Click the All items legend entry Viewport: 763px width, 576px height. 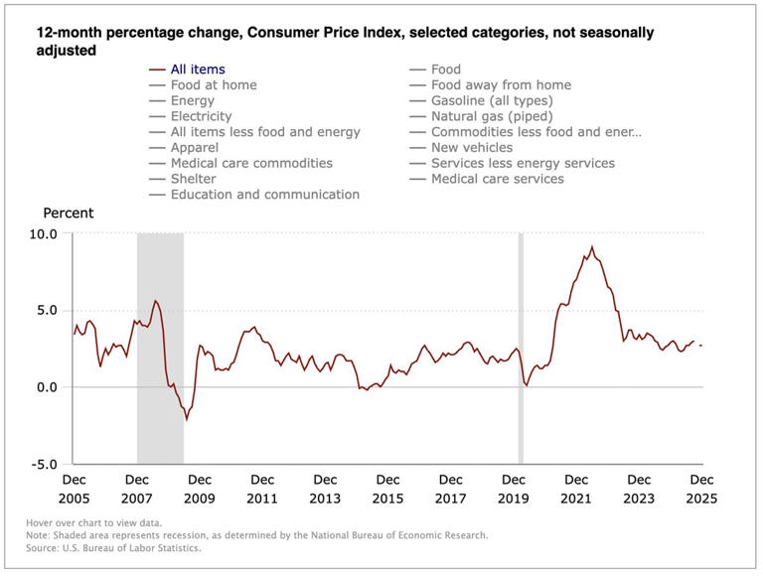(x=198, y=70)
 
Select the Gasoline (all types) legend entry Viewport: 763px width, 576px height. (x=491, y=100)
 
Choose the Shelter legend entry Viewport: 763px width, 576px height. (x=193, y=179)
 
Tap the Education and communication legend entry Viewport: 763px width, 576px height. (x=264, y=195)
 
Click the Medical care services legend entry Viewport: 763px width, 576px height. (x=497, y=179)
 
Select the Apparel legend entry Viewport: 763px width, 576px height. (x=196, y=147)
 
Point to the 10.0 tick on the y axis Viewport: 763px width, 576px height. (x=45, y=233)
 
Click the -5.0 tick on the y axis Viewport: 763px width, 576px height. (x=45, y=464)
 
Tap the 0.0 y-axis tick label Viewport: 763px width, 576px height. (x=48, y=387)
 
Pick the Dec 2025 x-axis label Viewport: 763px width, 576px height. (x=702, y=489)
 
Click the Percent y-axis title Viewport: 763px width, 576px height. (x=68, y=213)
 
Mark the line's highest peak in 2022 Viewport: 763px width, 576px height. (x=592, y=247)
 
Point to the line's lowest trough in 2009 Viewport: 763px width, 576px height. (x=186, y=419)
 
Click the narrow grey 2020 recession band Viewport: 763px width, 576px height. (x=521, y=348)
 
